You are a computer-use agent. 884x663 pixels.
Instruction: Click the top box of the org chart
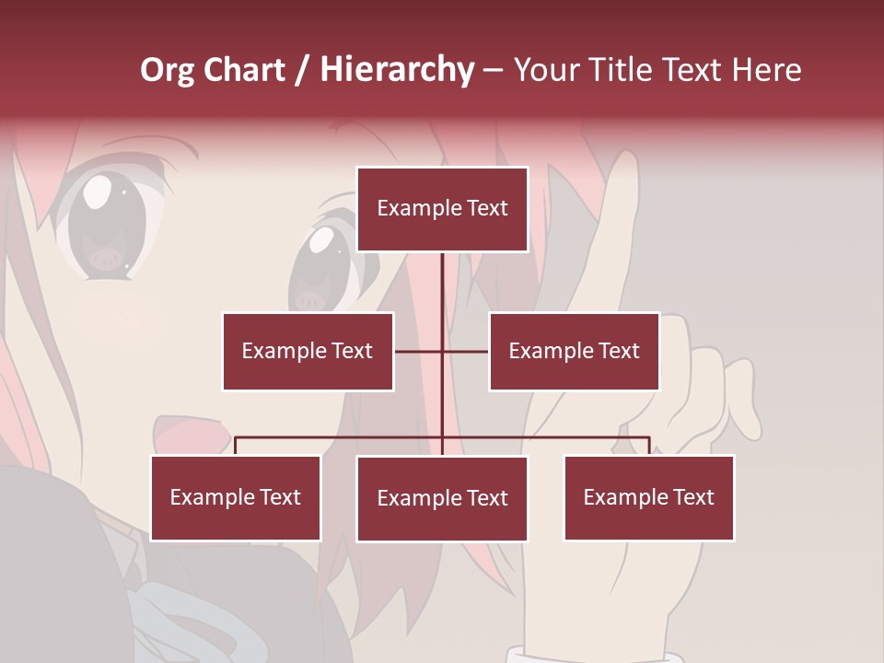coord(442,209)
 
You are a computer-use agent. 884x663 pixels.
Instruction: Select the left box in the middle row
coord(308,351)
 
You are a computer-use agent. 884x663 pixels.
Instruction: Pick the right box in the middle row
coord(574,351)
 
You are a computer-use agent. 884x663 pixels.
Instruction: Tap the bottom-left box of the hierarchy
coord(236,497)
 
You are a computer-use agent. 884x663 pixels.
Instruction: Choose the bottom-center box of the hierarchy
coord(442,498)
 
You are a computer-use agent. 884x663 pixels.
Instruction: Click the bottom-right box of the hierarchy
coord(648,497)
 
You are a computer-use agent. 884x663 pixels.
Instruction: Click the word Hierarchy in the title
coord(397,70)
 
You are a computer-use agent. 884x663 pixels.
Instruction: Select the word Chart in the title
coord(244,70)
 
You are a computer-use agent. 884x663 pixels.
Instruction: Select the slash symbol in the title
coord(302,70)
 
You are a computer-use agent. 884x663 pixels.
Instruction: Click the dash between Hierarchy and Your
coord(493,70)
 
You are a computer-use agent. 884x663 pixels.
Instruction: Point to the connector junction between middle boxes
coord(442,351)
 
